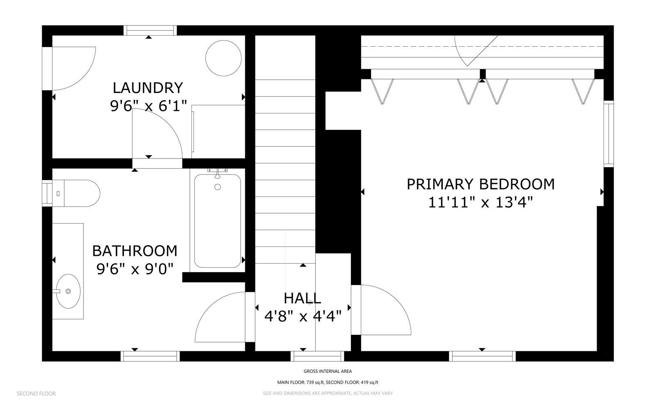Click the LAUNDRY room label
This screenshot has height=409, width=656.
(x=148, y=88)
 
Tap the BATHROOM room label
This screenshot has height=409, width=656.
(x=135, y=251)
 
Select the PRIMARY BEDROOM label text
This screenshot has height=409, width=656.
(x=481, y=184)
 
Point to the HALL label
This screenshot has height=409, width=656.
(x=302, y=298)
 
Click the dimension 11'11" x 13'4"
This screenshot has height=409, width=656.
(x=480, y=202)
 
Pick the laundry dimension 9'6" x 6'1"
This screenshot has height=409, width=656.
(x=148, y=106)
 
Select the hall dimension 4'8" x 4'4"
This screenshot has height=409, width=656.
(x=303, y=316)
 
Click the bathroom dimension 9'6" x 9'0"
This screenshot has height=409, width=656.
(x=135, y=269)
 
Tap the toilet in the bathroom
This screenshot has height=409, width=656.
(x=77, y=193)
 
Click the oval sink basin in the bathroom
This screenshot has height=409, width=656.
(x=68, y=291)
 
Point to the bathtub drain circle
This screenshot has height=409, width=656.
(x=218, y=187)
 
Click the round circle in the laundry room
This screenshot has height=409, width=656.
(x=223, y=58)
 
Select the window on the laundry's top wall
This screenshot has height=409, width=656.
(x=150, y=30)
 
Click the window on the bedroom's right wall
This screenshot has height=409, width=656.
(x=608, y=134)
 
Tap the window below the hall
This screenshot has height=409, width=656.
(x=317, y=356)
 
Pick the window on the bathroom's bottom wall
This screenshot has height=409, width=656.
(x=150, y=356)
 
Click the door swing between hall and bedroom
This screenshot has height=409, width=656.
(x=386, y=310)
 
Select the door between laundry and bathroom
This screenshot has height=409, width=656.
(x=157, y=134)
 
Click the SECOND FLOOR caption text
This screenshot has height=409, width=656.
(x=36, y=393)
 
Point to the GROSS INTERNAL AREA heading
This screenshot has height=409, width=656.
(x=328, y=371)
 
